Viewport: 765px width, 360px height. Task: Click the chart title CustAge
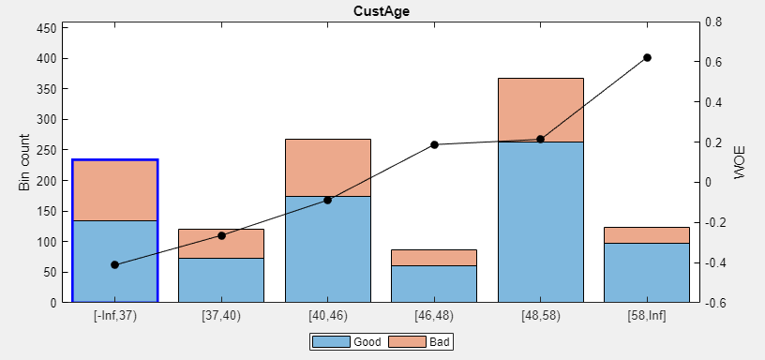click(382, 11)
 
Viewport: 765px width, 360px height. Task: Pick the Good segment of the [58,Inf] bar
click(647, 272)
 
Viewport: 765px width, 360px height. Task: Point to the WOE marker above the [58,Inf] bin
click(647, 58)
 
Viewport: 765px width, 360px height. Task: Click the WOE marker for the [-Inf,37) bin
click(114, 264)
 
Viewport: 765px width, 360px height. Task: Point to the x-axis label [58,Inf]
click(647, 316)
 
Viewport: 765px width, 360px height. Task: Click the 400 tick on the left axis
click(47, 58)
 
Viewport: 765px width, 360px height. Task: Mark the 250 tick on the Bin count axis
click(47, 150)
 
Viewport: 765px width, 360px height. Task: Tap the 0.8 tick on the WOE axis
click(713, 22)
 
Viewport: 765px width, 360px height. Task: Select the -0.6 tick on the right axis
click(715, 303)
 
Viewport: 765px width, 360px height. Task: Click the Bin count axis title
click(24, 162)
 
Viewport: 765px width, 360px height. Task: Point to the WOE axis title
click(741, 162)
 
